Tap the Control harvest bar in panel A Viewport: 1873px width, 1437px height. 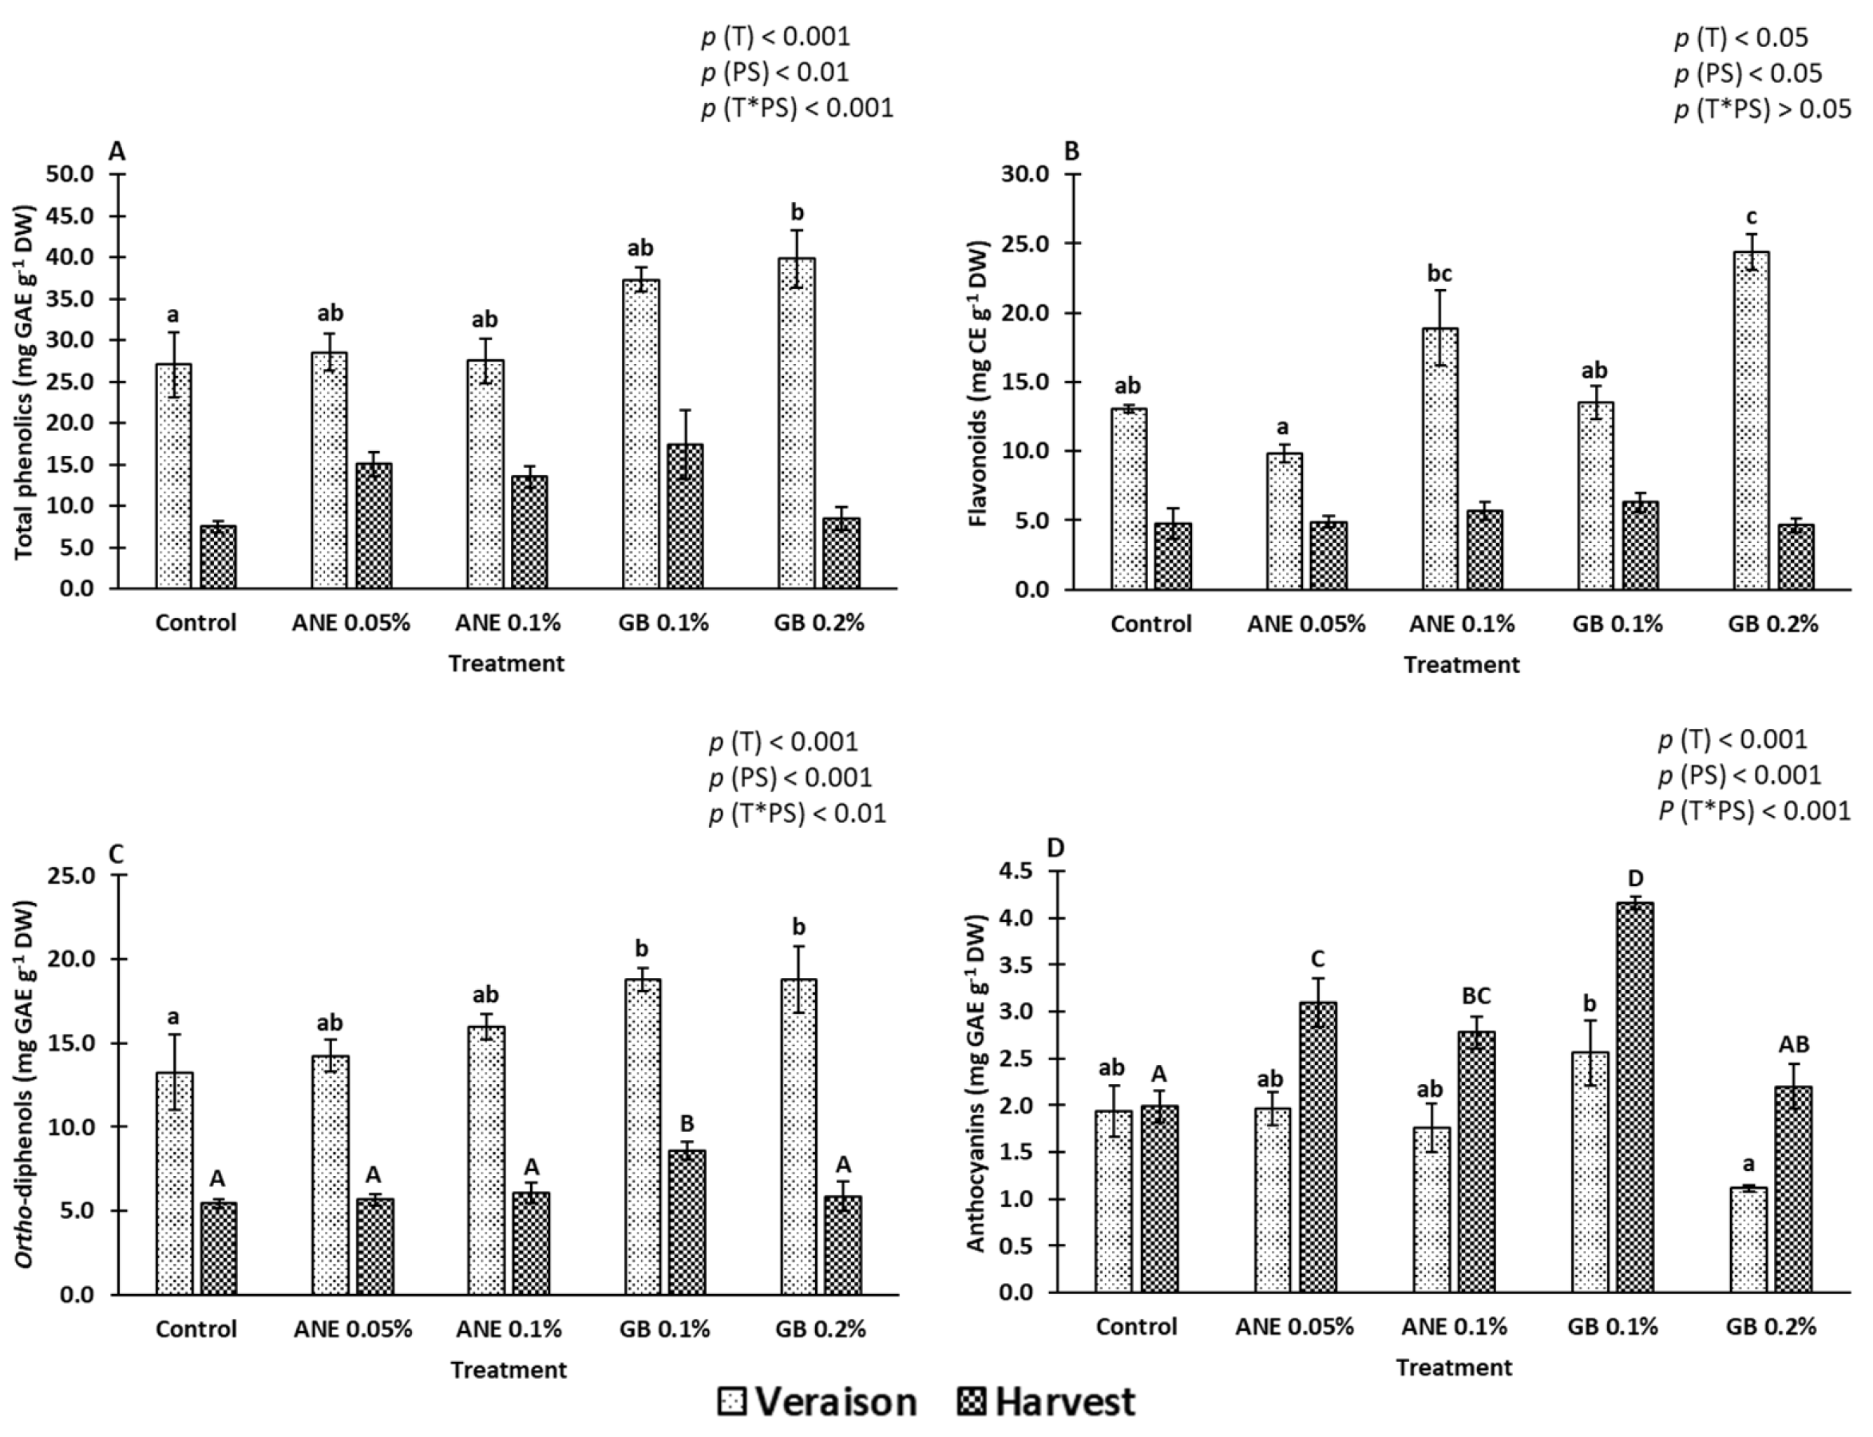click(x=218, y=557)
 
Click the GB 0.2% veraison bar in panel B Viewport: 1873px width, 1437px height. click(x=1750, y=420)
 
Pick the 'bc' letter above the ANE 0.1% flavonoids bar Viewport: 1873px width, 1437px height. click(x=1439, y=274)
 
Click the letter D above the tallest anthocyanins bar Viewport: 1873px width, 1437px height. click(x=1635, y=878)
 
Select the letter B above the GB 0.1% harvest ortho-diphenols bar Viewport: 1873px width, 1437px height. click(x=686, y=1123)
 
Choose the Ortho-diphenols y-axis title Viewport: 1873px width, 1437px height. click(x=26, y=1087)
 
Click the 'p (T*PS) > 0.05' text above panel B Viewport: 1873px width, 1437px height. click(x=1762, y=109)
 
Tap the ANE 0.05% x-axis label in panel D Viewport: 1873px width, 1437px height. click(x=1294, y=1327)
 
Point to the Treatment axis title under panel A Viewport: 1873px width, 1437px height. click(x=506, y=663)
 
